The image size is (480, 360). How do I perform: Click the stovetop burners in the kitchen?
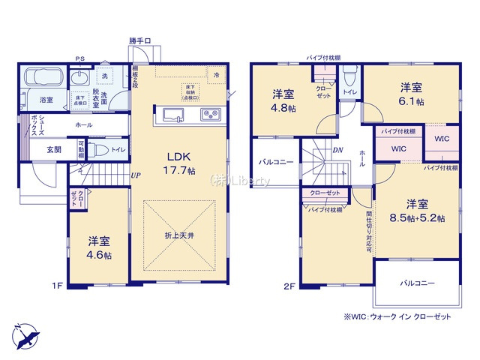(x=209, y=115)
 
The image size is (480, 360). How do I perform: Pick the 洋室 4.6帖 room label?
(x=100, y=247)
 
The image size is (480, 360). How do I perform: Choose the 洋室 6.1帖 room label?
(x=409, y=93)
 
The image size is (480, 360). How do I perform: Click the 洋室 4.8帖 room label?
(x=283, y=100)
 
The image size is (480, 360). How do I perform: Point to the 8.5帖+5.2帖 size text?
(x=418, y=218)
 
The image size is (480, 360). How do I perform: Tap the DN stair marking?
(x=339, y=149)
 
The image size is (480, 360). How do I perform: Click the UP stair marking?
(x=136, y=175)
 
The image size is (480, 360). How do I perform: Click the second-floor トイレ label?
(x=350, y=91)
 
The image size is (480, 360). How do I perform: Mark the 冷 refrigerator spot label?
(x=216, y=75)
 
